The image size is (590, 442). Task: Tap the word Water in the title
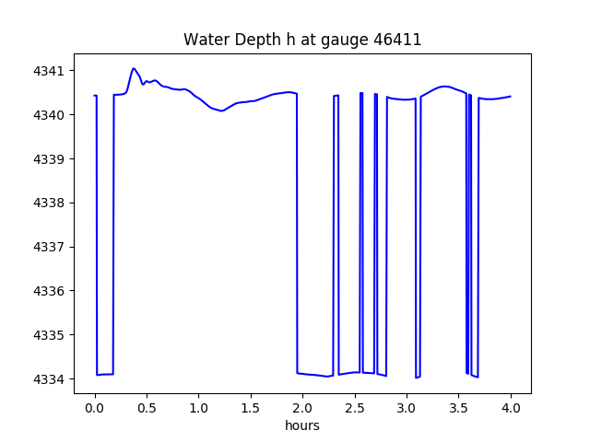206,40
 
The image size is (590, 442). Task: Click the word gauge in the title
358,40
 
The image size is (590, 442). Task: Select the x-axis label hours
302,425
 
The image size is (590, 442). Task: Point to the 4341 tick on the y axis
50,71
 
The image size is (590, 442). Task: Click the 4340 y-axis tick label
50,115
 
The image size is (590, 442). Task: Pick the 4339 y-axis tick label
50,159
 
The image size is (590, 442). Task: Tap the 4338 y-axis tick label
50,204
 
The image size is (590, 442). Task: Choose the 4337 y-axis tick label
50,247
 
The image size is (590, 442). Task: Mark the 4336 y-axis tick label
50,291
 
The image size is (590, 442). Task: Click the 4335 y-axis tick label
50,335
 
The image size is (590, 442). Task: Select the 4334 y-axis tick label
50,379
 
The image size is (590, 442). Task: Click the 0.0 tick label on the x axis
95,407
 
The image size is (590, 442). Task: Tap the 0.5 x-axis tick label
147,407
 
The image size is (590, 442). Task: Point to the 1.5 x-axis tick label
251,407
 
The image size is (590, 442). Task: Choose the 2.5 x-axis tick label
355,407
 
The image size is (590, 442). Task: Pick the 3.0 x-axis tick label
407,407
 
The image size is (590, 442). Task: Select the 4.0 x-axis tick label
511,407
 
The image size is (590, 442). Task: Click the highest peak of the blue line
134,68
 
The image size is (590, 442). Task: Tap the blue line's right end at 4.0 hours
511,97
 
